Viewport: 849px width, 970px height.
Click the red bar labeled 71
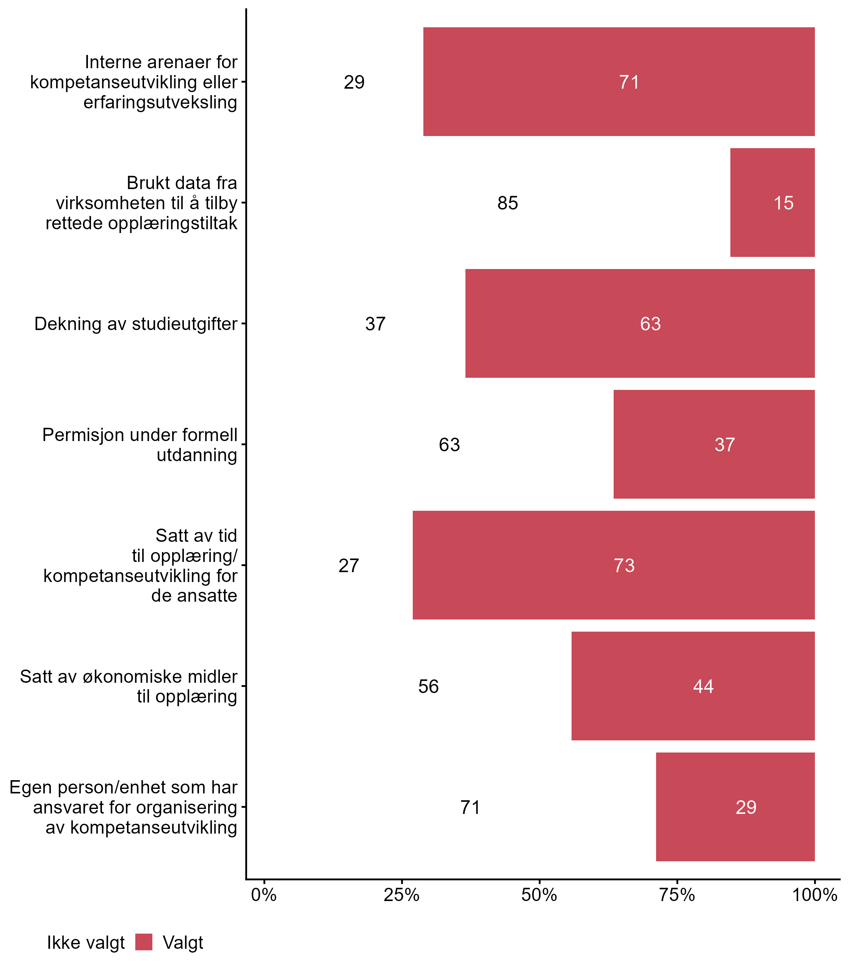619,82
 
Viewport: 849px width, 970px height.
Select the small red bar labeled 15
772,203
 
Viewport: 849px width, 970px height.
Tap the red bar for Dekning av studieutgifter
640,324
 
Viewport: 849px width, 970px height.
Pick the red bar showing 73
614,565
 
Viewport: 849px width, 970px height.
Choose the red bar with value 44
693,686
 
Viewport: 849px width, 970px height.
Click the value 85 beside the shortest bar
508,203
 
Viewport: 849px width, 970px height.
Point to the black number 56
428,686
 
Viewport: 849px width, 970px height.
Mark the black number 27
349,565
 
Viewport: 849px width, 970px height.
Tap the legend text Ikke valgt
86,943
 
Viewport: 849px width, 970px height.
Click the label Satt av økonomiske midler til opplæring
128,686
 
